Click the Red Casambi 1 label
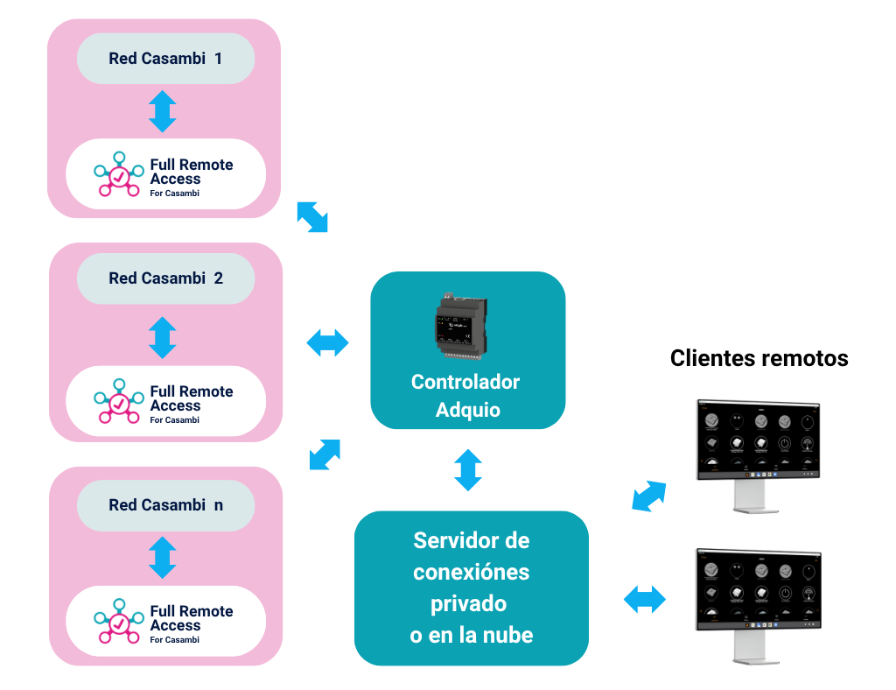(x=165, y=59)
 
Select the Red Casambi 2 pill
(x=165, y=278)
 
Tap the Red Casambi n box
(x=165, y=505)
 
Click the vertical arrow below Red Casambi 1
(x=163, y=111)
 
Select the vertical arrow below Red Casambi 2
(x=163, y=337)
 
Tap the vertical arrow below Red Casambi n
(x=163, y=558)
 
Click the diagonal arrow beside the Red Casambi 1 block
(x=312, y=216)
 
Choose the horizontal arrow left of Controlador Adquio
(x=327, y=343)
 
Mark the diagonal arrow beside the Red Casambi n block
(x=325, y=454)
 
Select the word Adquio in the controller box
(x=468, y=409)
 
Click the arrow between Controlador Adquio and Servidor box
(x=467, y=469)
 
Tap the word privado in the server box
(x=470, y=603)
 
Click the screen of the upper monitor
(x=758, y=437)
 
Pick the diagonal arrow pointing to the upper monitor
(x=648, y=496)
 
